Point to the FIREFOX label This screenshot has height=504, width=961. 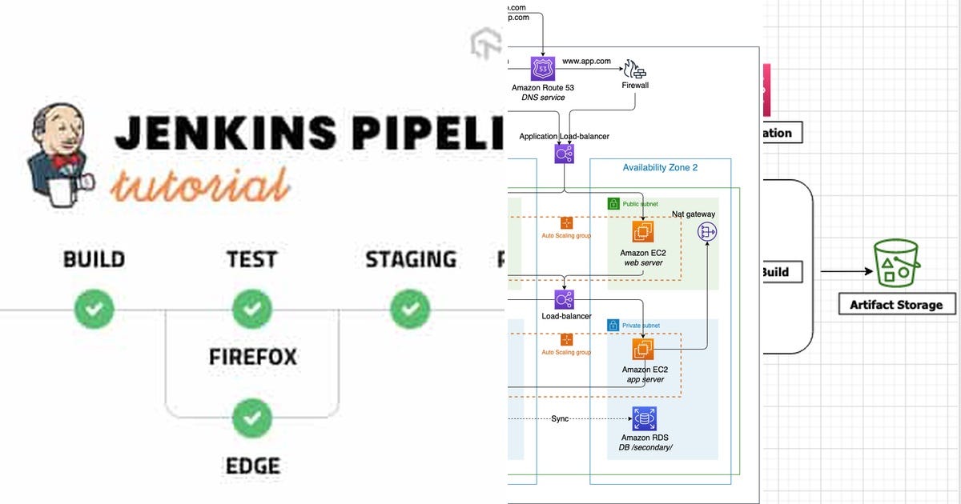tap(252, 357)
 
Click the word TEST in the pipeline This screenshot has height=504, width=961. tap(252, 260)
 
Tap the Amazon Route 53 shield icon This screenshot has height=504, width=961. tap(542, 68)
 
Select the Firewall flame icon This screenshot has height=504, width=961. tap(635, 69)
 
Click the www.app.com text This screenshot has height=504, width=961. tap(586, 61)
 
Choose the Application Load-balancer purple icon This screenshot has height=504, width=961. tap(565, 154)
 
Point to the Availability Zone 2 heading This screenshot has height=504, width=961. tap(660, 167)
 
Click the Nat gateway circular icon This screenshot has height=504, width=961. tap(707, 232)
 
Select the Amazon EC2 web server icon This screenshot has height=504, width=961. tap(641, 232)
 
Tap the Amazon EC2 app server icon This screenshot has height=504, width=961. tap(641, 350)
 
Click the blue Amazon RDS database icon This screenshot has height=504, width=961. tap(644, 418)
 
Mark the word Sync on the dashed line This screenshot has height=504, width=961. tap(560, 418)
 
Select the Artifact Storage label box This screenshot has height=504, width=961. tap(896, 304)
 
